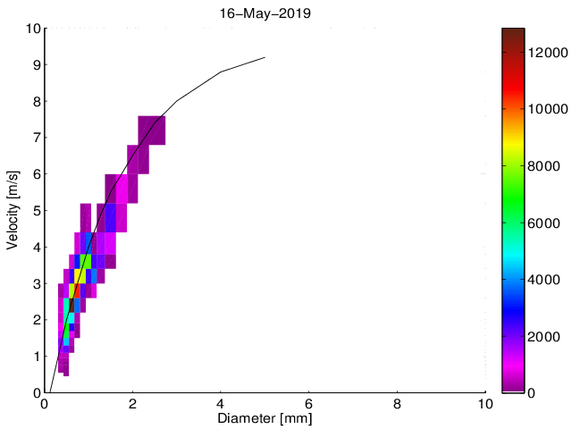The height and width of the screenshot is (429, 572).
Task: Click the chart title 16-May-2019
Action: coord(265,13)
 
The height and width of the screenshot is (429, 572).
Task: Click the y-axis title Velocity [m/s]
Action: coord(13,210)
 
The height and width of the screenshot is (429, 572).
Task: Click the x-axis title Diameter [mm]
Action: coord(265,418)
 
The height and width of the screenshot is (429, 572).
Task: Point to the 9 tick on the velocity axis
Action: coord(35,65)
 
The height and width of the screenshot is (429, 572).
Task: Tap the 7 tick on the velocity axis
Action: coord(35,138)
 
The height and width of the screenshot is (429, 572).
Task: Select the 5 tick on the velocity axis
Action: coord(35,211)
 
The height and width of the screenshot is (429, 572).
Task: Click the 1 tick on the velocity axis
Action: coord(35,357)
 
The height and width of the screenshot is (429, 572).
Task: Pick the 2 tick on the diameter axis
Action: coord(132,404)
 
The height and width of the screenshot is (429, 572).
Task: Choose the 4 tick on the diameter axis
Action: coord(221,404)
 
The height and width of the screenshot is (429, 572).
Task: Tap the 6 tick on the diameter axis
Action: coord(309,404)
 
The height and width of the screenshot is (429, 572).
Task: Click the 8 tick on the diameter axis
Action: coord(398,404)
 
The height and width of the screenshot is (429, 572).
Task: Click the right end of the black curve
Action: coord(265,57)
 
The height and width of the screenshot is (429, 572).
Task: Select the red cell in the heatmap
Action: coord(76,290)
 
